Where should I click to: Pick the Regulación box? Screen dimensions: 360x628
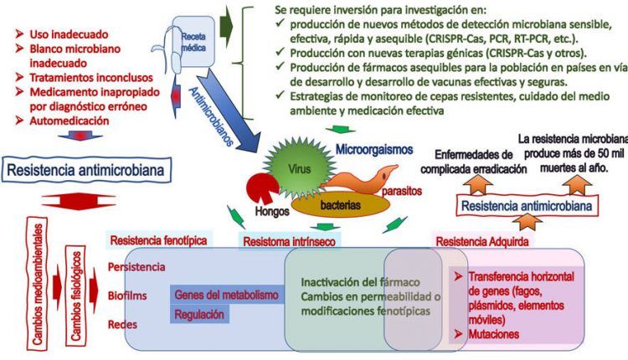pyautogui.click(x=199, y=315)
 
